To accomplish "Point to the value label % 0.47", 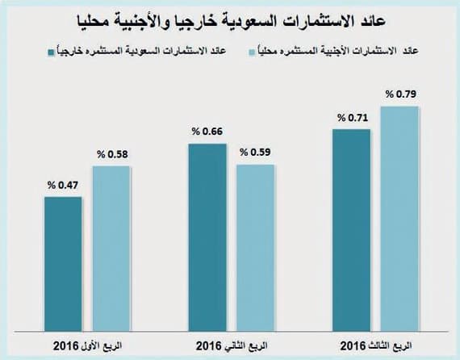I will click(x=62, y=186).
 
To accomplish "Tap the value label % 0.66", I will click(x=207, y=131).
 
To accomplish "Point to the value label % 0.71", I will click(x=352, y=118).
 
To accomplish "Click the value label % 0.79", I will click(x=399, y=94).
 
